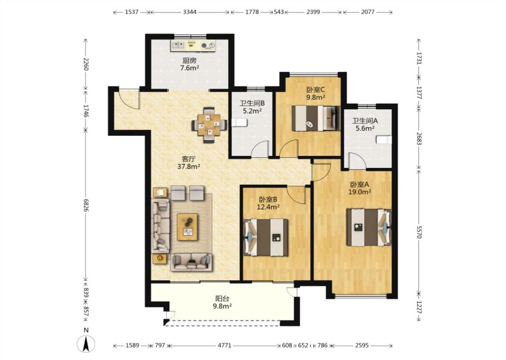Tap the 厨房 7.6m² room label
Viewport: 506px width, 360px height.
pyautogui.click(x=189, y=64)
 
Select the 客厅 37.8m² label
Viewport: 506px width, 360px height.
pyautogui.click(x=189, y=163)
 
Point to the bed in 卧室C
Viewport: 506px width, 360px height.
pyautogui.click(x=316, y=118)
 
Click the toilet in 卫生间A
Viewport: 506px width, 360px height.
pyautogui.click(x=384, y=139)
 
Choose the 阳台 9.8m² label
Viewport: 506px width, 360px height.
pyautogui.click(x=222, y=302)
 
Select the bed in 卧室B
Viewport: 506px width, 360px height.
pyautogui.click(x=266, y=238)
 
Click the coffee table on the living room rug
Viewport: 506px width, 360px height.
pyautogui.click(x=188, y=227)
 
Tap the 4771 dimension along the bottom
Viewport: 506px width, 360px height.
pyautogui.click(x=224, y=346)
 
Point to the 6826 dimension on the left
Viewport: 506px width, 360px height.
pyautogui.click(x=86, y=205)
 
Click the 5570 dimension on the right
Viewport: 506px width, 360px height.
pyautogui.click(x=419, y=232)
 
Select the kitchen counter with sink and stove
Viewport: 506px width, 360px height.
pyautogui.click(x=193, y=45)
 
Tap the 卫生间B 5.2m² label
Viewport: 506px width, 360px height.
pyautogui.click(x=252, y=107)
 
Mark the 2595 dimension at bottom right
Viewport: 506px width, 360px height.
pyautogui.click(x=362, y=346)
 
